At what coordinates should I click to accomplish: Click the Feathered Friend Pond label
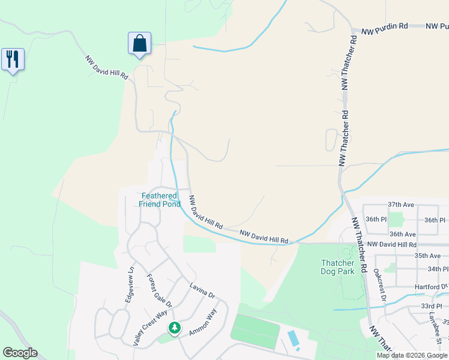(159, 200)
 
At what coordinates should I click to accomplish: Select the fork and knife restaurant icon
(13, 59)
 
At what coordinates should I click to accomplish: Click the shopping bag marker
(139, 43)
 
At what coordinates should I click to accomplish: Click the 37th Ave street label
(401, 205)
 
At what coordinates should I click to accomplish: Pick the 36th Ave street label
(402, 234)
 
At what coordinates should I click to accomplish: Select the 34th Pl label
(438, 269)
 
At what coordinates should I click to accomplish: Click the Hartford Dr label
(431, 287)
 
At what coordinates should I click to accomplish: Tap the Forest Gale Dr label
(160, 291)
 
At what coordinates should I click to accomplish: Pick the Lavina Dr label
(202, 291)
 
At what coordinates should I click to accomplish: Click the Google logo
(20, 353)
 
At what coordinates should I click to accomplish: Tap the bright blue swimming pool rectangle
(294, 340)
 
